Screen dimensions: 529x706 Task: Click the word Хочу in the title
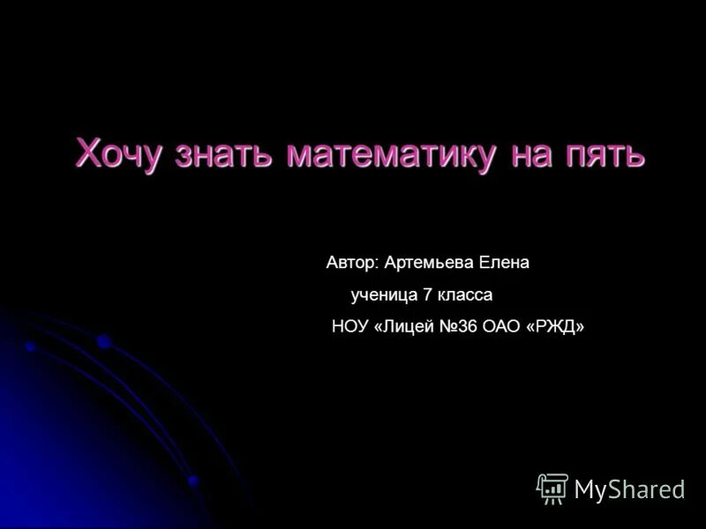tap(119, 153)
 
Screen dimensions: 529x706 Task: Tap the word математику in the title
tap(391, 153)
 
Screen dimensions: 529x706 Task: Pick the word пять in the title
tap(607, 153)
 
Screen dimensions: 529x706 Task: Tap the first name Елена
tap(504, 263)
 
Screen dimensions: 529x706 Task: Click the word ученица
tap(385, 295)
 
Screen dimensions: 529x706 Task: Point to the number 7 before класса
tap(428, 295)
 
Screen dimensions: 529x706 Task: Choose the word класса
tap(465, 295)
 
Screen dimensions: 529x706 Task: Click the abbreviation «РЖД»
tap(556, 327)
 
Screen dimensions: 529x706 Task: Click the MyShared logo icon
tap(552, 488)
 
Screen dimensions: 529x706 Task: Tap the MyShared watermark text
tap(629, 489)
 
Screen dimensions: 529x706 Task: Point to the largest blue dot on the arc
tap(104, 341)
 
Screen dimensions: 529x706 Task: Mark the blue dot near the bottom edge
tap(193, 481)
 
